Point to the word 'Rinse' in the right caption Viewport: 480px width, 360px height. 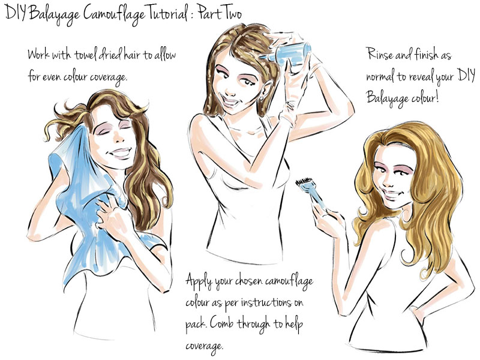click(x=379, y=54)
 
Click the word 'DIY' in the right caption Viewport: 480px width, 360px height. click(x=466, y=74)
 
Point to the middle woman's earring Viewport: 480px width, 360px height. click(x=262, y=98)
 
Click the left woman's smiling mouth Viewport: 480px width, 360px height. click(x=121, y=152)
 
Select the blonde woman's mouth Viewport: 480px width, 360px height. click(x=392, y=194)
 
